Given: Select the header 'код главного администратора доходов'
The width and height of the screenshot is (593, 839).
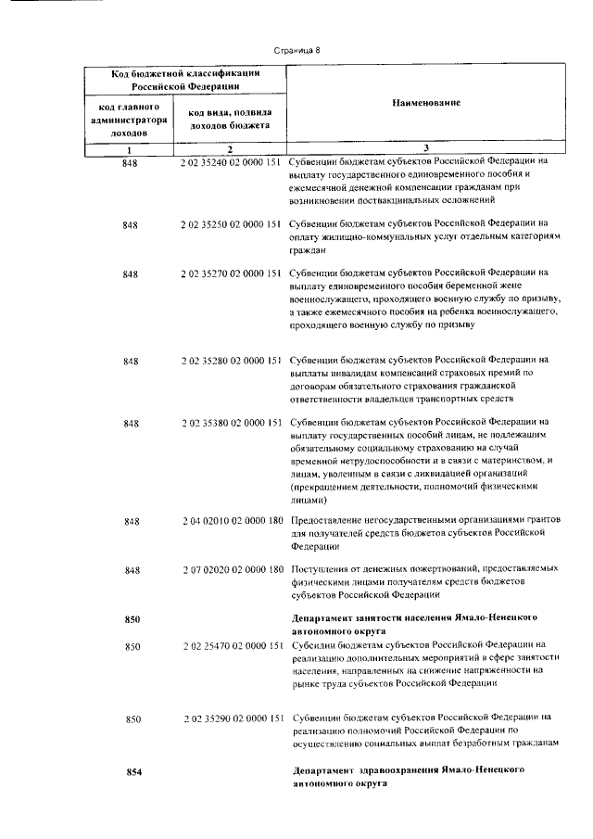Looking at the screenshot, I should click(130, 120).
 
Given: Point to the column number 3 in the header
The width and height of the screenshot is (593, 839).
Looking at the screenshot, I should click(425, 148).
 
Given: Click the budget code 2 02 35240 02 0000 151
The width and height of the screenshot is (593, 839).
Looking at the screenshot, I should click(232, 160).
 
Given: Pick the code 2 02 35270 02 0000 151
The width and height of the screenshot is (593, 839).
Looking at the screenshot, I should click(232, 273).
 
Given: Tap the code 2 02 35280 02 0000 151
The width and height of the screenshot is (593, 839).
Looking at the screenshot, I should click(232, 360).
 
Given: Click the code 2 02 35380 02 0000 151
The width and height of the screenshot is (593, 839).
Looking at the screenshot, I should click(232, 423).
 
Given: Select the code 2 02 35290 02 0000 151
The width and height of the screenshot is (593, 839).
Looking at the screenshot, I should click(233, 717).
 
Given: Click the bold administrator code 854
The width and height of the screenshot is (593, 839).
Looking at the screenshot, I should click(132, 771).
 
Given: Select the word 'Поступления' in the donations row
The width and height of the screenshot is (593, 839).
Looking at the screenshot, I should click(320, 569).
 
